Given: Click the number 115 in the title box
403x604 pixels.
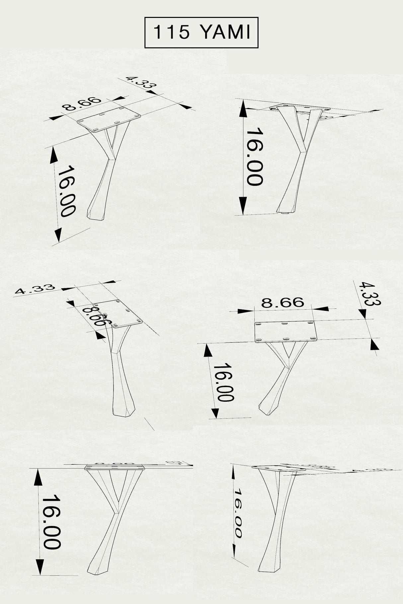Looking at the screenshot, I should [172, 33].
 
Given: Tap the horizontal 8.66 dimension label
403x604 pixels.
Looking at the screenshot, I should [282, 302].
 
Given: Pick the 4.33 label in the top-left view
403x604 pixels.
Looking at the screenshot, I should [141, 82].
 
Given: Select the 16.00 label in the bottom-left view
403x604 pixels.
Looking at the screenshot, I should [51, 524].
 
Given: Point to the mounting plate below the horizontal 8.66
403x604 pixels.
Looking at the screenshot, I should [286, 332].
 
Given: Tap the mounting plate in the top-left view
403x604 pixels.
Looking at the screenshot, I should [109, 119].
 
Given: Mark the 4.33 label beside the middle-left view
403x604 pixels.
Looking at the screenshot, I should [35, 289].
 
